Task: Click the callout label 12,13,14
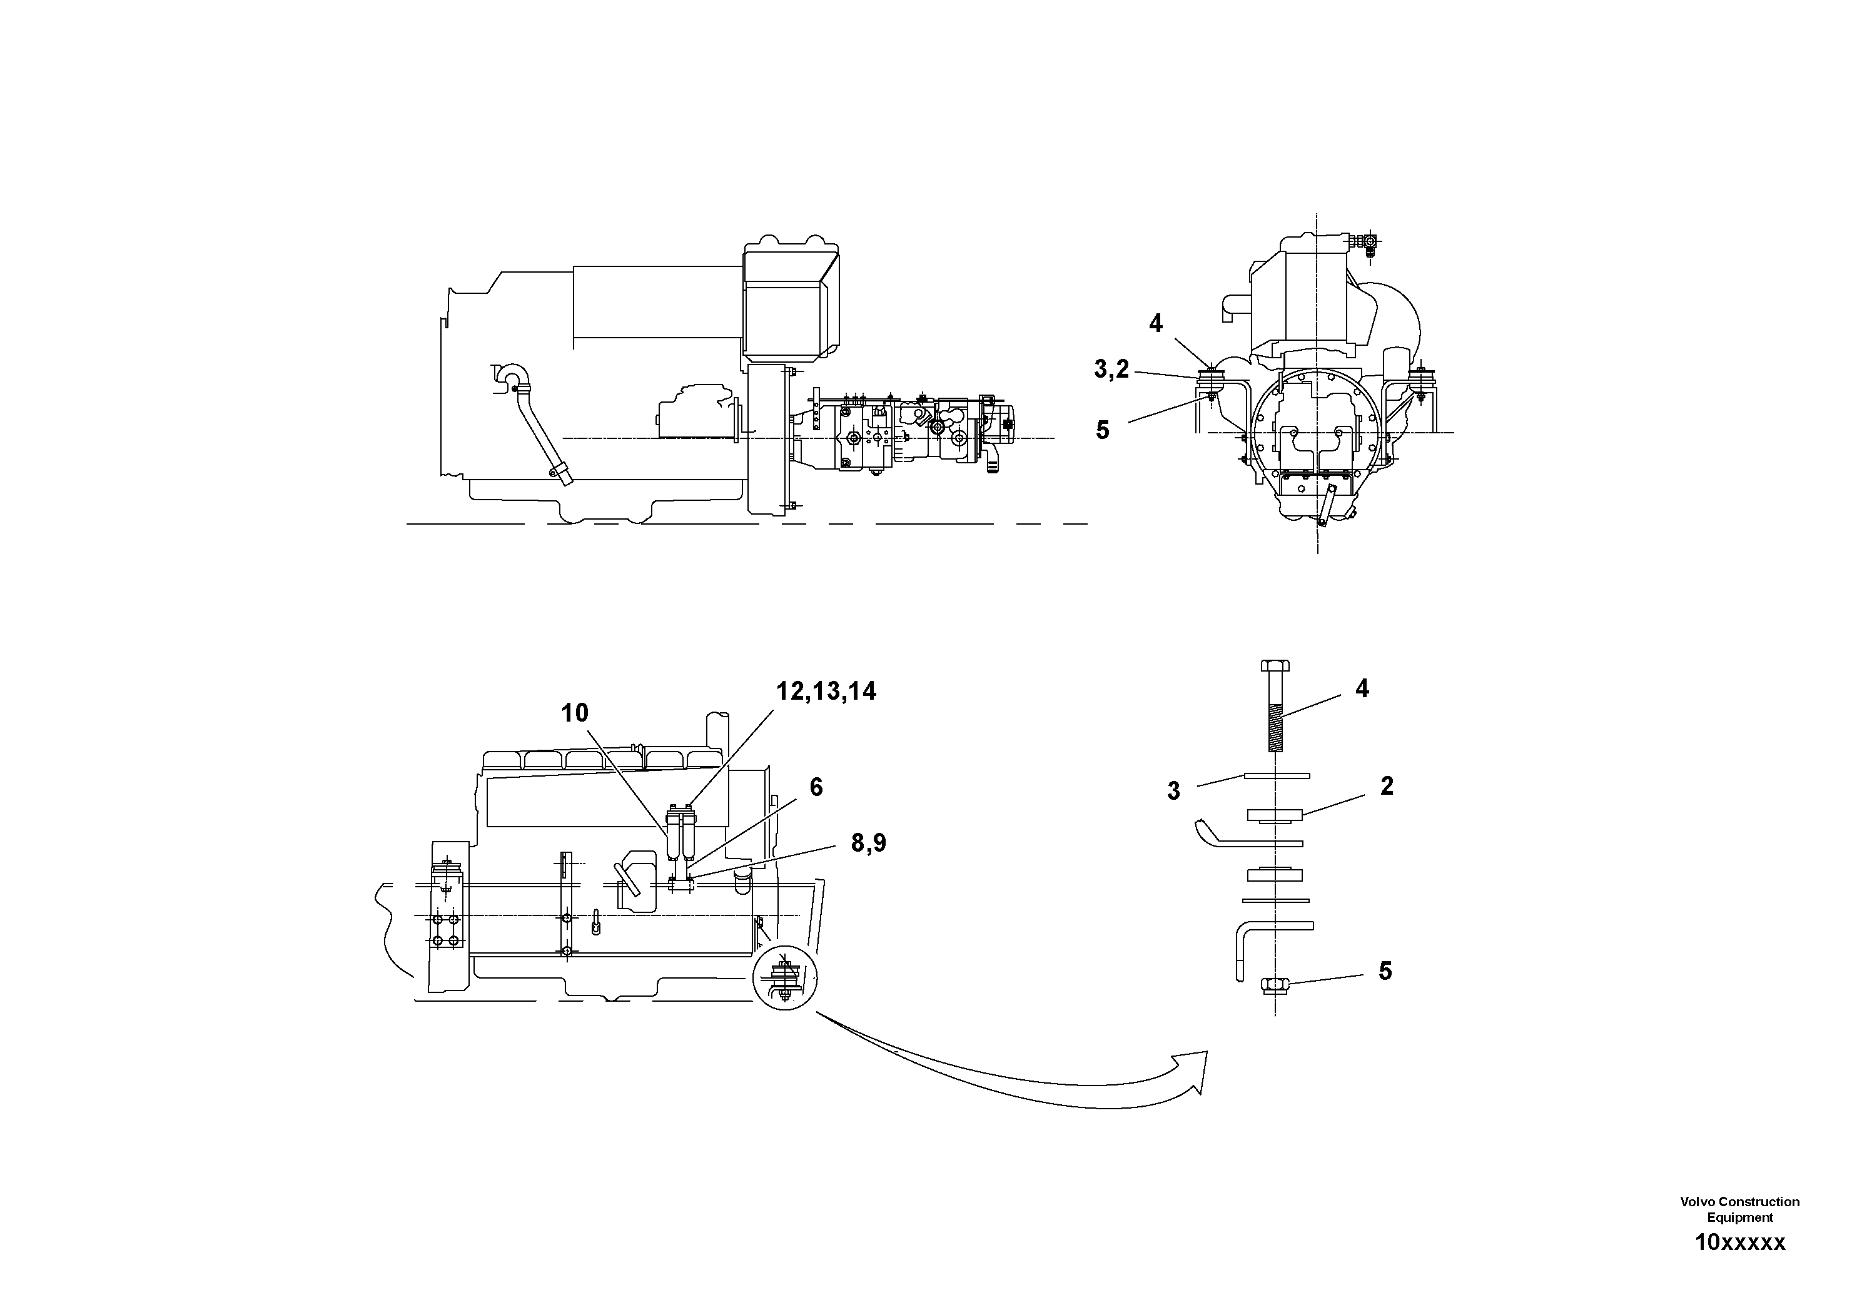[826, 692]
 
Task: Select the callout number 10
[574, 713]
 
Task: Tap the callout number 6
[816, 787]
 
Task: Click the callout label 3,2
[1111, 370]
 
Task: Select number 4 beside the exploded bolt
[1362, 688]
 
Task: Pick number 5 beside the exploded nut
[1385, 971]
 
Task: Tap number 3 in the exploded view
[1173, 791]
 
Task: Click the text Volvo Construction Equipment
[1739, 1209]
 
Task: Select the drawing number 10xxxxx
[1739, 1243]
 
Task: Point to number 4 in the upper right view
[1156, 323]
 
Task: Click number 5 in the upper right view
[1102, 430]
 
